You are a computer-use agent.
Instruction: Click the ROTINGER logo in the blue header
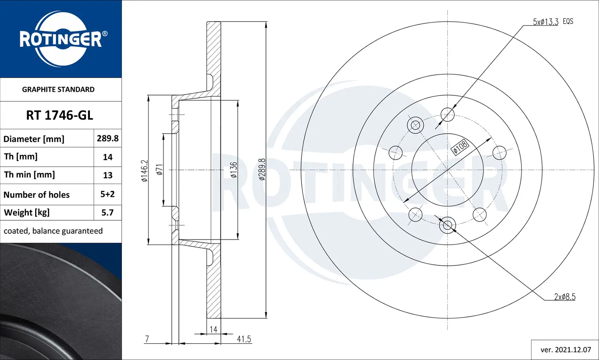(61, 39)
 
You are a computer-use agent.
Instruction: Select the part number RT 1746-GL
(60, 115)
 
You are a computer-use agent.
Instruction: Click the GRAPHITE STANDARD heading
(58, 89)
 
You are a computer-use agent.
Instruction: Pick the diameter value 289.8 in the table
(107, 138)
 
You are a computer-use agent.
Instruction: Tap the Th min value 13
(107, 175)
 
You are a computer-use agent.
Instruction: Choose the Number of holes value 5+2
(107, 194)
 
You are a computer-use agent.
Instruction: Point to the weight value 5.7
(107, 213)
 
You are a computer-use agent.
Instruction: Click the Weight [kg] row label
(27, 213)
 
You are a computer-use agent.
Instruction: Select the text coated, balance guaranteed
(53, 231)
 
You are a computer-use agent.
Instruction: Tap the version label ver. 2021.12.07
(565, 350)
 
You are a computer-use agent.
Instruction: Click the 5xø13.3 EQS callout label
(553, 22)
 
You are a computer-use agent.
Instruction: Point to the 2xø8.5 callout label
(565, 297)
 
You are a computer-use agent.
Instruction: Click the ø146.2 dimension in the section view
(145, 170)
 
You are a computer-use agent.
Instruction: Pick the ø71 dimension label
(159, 170)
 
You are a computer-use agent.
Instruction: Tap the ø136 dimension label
(234, 170)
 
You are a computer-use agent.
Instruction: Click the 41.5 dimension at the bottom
(244, 339)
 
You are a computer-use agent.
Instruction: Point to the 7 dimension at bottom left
(147, 339)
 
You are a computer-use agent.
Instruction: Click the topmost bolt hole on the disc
(447, 115)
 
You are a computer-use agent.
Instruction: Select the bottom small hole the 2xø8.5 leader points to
(447, 225)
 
